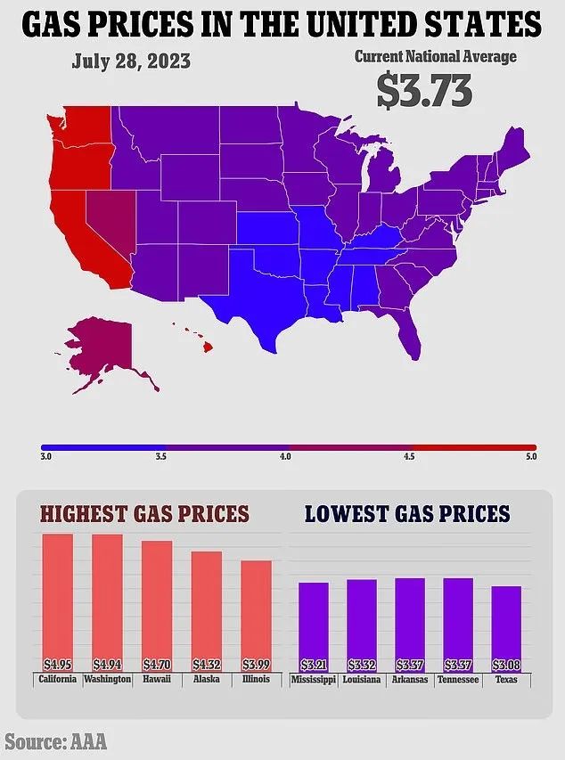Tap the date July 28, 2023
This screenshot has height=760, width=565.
(131, 63)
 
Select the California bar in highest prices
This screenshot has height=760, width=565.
(57, 601)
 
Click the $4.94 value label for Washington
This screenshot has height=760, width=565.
(107, 664)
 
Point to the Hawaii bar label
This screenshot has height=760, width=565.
(157, 680)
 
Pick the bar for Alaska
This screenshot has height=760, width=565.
(207, 610)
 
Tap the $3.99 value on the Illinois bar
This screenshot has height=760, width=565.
(256, 664)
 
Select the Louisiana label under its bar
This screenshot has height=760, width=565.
(362, 680)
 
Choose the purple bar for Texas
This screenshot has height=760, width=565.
(507, 628)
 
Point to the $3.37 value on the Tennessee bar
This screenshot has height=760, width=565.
(458, 664)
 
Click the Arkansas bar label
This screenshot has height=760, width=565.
(410, 680)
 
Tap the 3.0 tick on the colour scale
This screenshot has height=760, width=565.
(46, 456)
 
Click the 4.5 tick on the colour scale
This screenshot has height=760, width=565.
(409, 456)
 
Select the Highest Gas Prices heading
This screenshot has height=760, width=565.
(144, 514)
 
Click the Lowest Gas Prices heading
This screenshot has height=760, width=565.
(407, 514)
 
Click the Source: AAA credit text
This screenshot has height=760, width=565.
(55, 740)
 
